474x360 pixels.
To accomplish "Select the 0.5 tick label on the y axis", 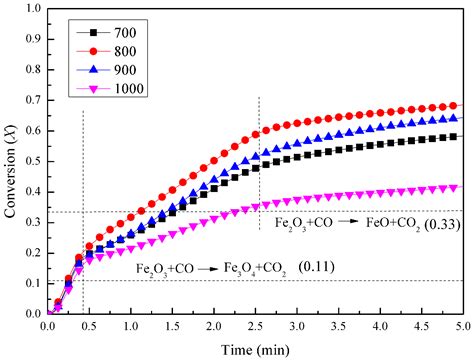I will click(x=31, y=161).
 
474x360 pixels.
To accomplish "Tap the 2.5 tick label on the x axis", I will click(x=256, y=326).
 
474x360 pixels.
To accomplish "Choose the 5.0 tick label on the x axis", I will click(x=463, y=326).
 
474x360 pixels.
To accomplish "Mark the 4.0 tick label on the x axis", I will click(x=380, y=326).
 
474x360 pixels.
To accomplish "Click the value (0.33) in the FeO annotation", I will click(x=440, y=225).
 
